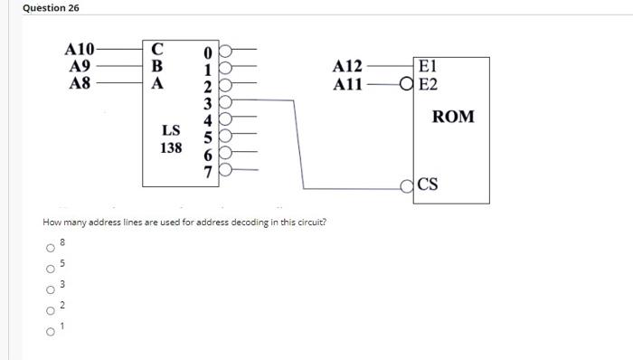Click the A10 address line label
79,49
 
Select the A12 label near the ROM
347,67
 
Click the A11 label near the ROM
347,84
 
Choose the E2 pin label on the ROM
430,84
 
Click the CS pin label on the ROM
429,185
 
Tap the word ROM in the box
453,118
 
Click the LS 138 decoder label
171,138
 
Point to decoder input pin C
157,49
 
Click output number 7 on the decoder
207,170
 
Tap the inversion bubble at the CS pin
409,187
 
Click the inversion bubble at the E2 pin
409,84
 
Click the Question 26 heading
51,8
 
